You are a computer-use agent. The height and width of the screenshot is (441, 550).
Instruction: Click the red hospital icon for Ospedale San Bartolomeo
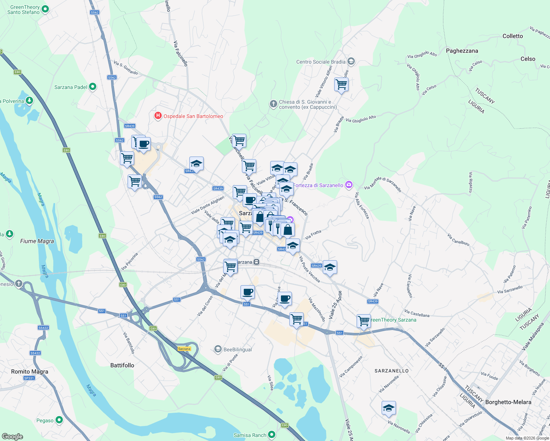tap(158, 116)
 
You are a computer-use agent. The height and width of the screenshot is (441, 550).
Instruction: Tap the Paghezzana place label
tap(462, 51)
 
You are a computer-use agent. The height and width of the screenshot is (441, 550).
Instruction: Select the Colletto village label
tap(512, 36)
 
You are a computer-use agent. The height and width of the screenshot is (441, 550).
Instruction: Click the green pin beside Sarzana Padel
tap(93, 87)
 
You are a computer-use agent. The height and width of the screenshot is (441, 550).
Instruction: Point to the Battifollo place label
tap(122, 365)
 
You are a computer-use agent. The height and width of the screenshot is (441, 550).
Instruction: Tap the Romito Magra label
tap(29, 372)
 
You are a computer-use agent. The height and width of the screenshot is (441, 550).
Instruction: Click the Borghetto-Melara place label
tap(508, 402)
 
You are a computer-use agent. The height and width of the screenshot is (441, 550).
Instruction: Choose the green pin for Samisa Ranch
tap(272, 435)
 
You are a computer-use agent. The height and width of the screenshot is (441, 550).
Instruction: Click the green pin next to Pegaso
tap(59, 420)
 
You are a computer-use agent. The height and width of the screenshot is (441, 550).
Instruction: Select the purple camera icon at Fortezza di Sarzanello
tap(349, 185)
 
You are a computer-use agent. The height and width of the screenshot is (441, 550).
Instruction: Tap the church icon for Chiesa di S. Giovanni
tap(273, 104)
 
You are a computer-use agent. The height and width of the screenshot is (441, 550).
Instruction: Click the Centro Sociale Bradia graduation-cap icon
tap(351, 61)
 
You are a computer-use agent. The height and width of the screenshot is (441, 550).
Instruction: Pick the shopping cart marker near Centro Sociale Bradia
tap(341, 85)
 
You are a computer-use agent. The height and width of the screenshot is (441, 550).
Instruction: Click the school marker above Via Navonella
tap(389, 408)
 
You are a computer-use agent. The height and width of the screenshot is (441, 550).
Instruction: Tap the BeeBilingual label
tap(238, 349)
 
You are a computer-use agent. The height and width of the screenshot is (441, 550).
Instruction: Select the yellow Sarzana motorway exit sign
tap(184, 349)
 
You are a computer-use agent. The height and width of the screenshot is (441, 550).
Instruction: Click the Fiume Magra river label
tap(37, 241)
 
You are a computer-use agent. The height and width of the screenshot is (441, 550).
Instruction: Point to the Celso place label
tap(528, 59)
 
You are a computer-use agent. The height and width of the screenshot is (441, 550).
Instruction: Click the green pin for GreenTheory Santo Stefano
tap(45, 9)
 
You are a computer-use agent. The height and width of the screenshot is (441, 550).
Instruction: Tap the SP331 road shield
tap(29, 378)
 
